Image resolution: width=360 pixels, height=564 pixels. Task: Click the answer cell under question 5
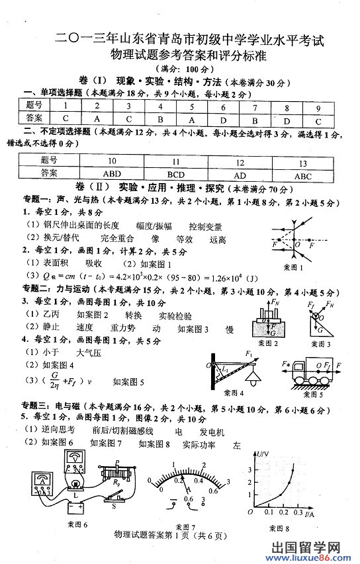[191, 119]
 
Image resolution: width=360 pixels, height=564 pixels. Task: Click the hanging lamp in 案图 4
[251, 376]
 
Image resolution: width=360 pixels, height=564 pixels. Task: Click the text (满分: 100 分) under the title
[179, 69]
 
